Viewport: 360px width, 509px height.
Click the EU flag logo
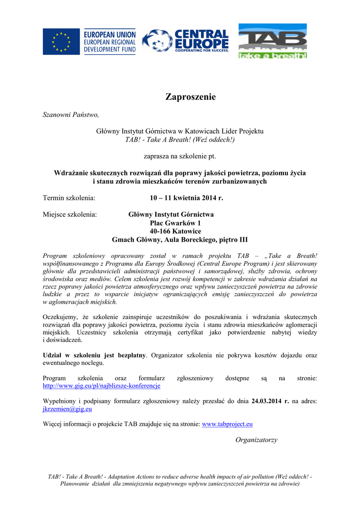coord(61,42)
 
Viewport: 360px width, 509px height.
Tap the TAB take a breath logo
coord(272,41)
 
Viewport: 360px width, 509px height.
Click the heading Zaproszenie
coord(190,97)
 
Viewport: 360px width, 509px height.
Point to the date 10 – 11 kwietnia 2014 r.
coord(186,198)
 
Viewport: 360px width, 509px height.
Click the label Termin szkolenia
coord(69,198)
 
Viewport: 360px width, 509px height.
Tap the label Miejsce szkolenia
coord(70,215)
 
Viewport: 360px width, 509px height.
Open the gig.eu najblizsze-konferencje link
coord(101,385)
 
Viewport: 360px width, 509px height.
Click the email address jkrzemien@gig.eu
coord(68,409)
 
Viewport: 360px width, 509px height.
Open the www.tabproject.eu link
coord(227,424)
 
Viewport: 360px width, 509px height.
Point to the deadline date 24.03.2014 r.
coord(270,401)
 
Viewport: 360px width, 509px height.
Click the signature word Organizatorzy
coord(256,440)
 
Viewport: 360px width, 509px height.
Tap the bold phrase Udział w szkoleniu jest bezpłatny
coord(94,355)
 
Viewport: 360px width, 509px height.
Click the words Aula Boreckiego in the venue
coord(192,240)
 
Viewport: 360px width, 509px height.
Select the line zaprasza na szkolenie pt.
coord(180,156)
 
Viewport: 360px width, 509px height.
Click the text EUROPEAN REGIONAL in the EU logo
coord(109,42)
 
